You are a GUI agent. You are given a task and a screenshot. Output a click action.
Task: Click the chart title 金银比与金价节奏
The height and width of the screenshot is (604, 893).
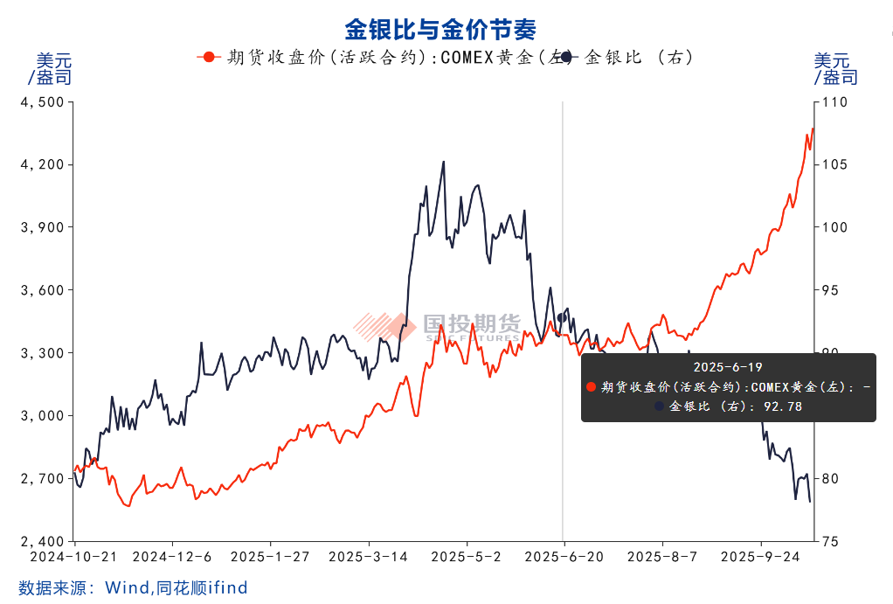click(440, 30)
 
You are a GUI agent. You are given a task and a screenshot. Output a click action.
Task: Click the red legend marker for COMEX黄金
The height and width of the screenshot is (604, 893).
click(207, 58)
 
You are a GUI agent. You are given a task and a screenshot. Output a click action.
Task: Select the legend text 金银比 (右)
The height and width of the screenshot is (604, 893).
click(638, 58)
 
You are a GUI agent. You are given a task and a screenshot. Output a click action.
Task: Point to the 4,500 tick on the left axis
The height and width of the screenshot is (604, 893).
click(41, 102)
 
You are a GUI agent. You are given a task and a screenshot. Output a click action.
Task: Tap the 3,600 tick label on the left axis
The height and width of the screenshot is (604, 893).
click(41, 290)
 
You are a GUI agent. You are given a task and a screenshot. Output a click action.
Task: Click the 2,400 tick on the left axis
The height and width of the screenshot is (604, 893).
click(41, 541)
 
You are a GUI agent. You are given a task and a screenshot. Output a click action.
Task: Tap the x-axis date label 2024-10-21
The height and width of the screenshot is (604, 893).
click(75, 557)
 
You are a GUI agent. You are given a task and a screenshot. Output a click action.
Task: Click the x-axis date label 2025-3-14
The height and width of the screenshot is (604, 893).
click(368, 557)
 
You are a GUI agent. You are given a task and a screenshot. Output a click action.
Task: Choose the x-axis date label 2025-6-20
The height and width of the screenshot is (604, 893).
click(564, 557)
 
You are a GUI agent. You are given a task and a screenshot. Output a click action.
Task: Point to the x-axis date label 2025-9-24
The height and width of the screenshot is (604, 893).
click(760, 557)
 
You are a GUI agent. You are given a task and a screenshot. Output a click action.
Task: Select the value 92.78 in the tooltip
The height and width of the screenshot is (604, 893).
click(784, 406)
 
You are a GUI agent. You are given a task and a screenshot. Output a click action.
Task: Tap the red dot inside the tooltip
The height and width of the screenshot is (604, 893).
click(592, 387)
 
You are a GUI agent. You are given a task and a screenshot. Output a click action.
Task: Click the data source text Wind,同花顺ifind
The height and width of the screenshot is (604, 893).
click(177, 587)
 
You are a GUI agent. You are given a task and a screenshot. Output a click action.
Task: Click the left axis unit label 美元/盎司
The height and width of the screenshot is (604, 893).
click(52, 69)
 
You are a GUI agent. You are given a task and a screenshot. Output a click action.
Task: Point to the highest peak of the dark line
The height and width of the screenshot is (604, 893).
click(444, 162)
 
